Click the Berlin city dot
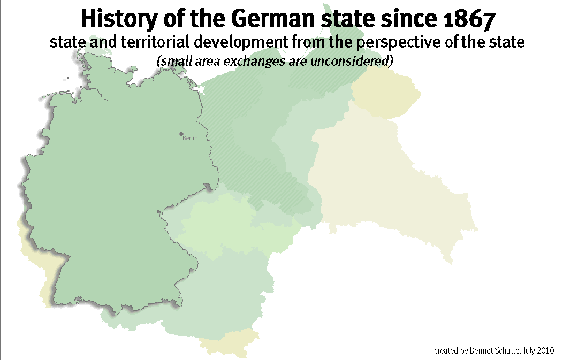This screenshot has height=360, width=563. coord(181,134)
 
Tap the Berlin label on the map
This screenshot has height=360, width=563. coord(190,138)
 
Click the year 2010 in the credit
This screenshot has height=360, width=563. coord(545,351)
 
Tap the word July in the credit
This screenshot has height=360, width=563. coord(526,351)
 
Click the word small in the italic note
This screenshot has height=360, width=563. coord(172,61)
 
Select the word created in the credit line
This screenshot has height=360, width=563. coord(446,351)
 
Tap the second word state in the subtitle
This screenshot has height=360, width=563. coord(507,42)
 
